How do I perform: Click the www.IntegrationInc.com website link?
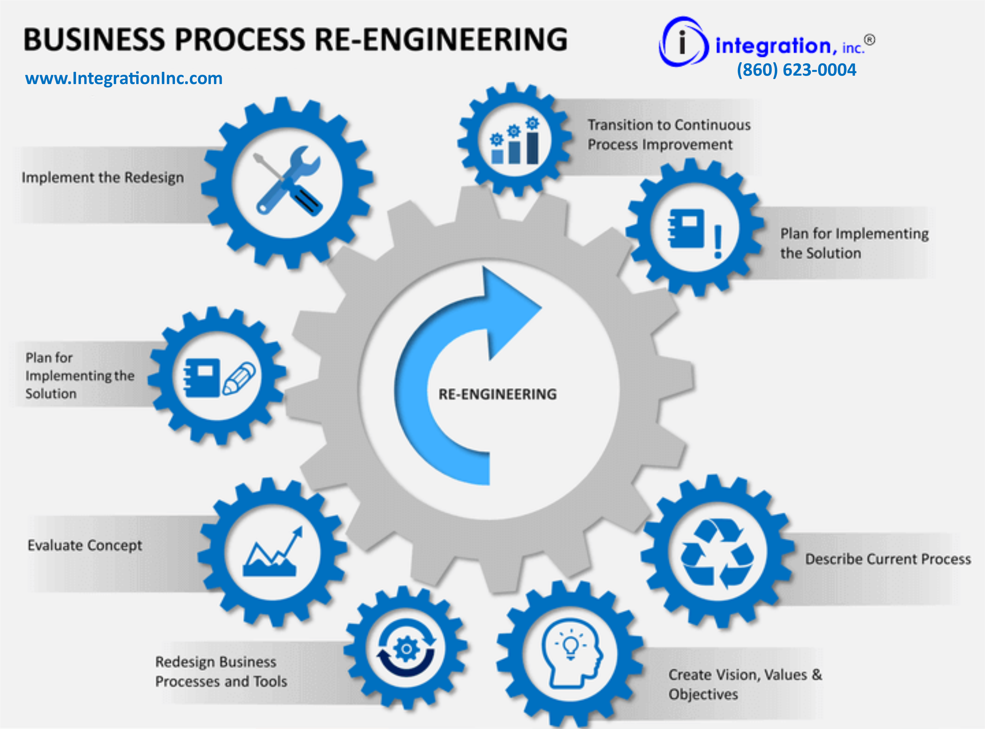click(x=124, y=79)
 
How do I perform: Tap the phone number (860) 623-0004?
click(x=796, y=70)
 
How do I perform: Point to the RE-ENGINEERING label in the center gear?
click(x=497, y=394)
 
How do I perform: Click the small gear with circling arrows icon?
click(x=406, y=649)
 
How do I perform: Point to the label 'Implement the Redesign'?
click(x=103, y=177)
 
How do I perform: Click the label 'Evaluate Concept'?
click(x=85, y=545)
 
